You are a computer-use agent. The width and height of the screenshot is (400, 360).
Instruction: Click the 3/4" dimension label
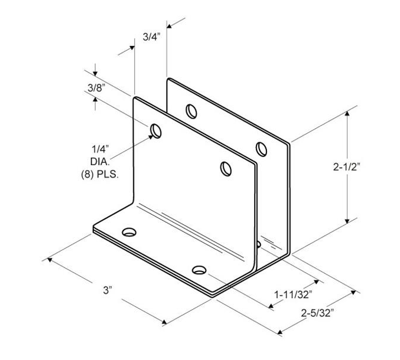[151, 37]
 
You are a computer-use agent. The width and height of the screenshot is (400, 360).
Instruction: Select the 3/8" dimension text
[96, 88]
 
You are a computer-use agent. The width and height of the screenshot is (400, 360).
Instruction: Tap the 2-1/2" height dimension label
[346, 167]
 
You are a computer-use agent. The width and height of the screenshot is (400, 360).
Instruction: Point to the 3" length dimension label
[108, 290]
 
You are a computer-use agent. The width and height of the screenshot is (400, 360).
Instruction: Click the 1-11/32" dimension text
[293, 294]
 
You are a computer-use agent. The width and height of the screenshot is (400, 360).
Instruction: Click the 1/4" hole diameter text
[100, 149]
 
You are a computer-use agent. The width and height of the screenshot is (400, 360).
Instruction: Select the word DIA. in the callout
[100, 162]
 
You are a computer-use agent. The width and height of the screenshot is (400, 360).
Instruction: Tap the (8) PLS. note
[100, 175]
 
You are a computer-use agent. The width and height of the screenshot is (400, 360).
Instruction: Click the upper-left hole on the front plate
[156, 131]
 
